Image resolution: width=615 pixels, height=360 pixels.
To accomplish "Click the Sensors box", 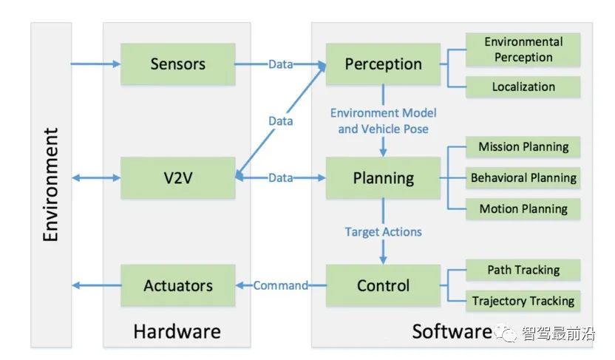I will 177,64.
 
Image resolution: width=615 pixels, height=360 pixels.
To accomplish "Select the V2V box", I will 177,177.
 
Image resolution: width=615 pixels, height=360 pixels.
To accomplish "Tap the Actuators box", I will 177,285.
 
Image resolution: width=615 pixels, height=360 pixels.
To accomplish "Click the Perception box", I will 383,64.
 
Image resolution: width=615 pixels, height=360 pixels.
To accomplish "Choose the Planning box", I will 383,177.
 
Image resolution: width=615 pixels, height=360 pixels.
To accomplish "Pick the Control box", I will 383,285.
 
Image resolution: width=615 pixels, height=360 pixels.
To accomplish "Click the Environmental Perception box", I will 523,50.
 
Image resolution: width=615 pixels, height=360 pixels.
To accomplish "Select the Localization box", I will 523,86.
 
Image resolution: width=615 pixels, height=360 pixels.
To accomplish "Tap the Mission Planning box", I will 523,146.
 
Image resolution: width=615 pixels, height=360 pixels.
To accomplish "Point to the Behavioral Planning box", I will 523,177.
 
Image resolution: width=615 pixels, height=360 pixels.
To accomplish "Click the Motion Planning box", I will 523,208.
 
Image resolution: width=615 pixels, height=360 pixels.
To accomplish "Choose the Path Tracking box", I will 523,270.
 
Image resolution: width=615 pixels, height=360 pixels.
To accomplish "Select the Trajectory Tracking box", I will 523,301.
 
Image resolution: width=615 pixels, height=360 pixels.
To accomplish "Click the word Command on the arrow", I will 281,285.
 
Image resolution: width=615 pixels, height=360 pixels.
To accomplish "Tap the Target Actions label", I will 383,231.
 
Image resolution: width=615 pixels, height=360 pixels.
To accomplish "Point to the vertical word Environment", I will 51,185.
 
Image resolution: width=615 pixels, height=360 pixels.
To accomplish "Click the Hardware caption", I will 177,330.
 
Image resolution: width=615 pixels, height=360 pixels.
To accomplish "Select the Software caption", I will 451,330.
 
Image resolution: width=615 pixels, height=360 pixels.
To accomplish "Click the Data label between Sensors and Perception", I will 280,64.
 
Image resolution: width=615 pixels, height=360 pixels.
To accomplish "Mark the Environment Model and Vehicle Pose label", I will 383,120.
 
